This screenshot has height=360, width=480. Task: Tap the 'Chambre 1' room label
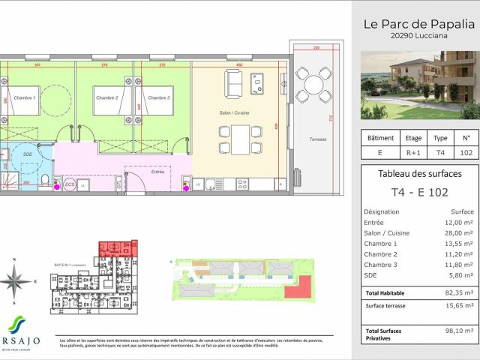(x=26, y=98)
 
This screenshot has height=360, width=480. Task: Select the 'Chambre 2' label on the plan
(x=106, y=98)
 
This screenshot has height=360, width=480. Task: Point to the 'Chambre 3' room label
(x=158, y=98)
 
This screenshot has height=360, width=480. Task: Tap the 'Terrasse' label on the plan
(x=317, y=139)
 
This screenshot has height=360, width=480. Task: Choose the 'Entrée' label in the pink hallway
(x=157, y=172)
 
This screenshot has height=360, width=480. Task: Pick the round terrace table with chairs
(x=313, y=85)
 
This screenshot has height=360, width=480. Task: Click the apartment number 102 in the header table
(x=466, y=152)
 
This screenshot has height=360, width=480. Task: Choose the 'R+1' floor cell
(x=413, y=152)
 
